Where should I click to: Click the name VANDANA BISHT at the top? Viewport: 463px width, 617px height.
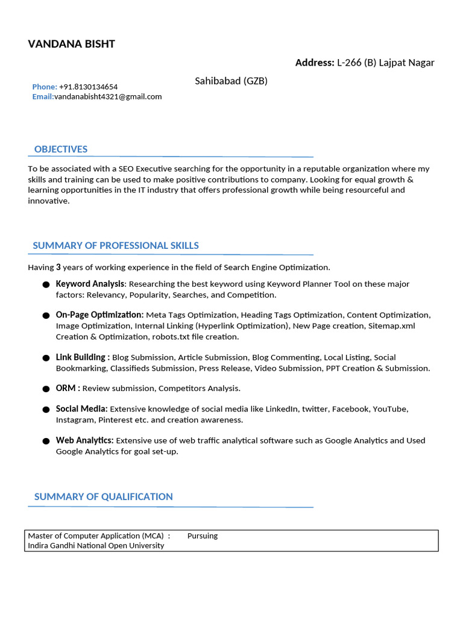pos(71,44)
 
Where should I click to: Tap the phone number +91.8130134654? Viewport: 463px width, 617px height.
pos(89,87)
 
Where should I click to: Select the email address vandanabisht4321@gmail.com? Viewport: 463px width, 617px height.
pos(108,96)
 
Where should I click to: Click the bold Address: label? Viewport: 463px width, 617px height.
pos(315,63)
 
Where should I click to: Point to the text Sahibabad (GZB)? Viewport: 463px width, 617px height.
pos(231,81)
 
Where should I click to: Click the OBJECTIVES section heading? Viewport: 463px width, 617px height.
pos(61,149)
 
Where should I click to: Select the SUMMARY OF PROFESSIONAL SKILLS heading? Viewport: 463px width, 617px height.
pos(116,246)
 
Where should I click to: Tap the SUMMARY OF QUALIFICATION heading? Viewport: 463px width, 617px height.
pos(103,496)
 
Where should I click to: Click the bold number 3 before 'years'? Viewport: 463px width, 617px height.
pos(58,267)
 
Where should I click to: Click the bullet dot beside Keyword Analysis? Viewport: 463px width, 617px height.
pos(46,284)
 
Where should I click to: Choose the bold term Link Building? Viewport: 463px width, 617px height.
pos(81,357)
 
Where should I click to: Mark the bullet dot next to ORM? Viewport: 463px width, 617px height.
pos(46,389)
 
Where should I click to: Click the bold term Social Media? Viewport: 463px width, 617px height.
pos(82,409)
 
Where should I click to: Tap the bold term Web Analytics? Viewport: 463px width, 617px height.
pos(85,440)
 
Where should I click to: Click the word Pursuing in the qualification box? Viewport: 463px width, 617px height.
pos(203,536)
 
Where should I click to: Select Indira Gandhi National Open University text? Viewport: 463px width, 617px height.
pos(96,545)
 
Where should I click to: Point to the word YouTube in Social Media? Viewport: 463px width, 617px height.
pos(390,409)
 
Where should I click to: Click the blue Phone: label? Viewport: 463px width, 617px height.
pos(45,87)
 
